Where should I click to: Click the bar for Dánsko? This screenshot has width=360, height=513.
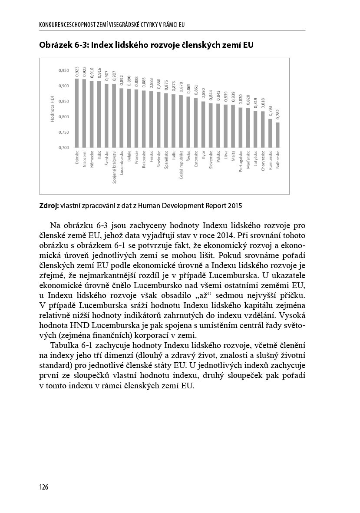[x=77, y=113]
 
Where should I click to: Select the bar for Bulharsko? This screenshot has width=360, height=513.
[x=278, y=135]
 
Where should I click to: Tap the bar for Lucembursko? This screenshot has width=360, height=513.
[x=122, y=118]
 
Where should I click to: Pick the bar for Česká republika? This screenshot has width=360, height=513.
[x=181, y=121]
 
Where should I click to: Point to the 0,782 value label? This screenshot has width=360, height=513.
[x=278, y=114]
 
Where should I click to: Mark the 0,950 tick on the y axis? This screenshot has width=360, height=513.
[x=63, y=70]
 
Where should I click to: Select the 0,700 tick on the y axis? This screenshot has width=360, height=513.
[x=63, y=148]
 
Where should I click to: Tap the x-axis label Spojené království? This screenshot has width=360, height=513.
[x=114, y=167]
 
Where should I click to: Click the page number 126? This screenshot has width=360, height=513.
[x=43, y=487]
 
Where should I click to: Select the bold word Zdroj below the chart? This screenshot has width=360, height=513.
[x=48, y=205]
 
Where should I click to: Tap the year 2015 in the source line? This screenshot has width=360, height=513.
[x=234, y=205]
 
